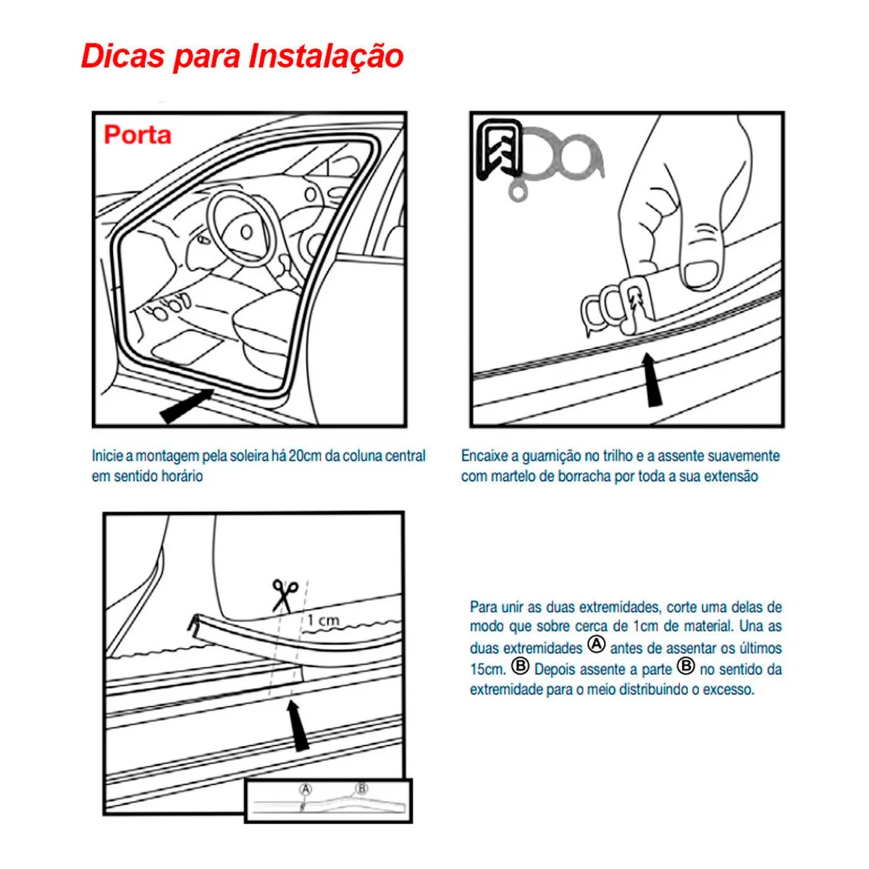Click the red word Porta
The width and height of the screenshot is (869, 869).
(x=138, y=135)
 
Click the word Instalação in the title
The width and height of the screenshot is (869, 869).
(x=326, y=56)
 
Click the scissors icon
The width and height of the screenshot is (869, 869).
(x=285, y=595)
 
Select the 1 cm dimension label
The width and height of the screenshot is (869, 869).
(x=322, y=620)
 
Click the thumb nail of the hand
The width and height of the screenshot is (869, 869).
(x=702, y=274)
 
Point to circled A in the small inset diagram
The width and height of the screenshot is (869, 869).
(x=306, y=789)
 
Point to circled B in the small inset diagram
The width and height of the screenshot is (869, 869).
(x=361, y=789)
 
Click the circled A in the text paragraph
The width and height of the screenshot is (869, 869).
(x=595, y=644)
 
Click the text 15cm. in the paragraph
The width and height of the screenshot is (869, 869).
(x=487, y=668)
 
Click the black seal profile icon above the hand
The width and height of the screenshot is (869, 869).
(x=498, y=150)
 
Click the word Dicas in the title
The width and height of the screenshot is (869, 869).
(x=122, y=56)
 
